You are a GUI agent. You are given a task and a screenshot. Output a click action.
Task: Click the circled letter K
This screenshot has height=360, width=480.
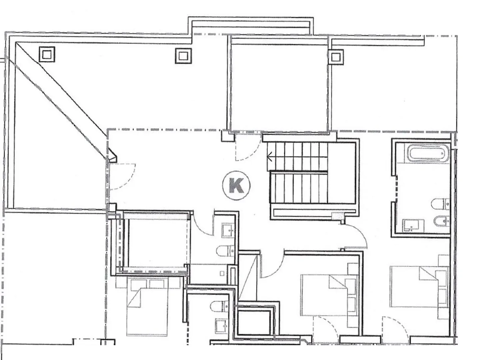click(236, 185)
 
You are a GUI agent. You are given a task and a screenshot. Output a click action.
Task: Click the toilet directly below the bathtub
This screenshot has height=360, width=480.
click(440, 204)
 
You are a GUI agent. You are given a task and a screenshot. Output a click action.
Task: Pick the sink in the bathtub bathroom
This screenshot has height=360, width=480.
click(414, 226)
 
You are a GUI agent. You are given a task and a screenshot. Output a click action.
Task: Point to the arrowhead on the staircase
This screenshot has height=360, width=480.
click(270, 157)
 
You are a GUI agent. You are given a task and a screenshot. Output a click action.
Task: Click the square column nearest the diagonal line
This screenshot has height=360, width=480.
click(47, 54)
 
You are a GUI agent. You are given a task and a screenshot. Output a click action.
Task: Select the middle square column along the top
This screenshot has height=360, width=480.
click(183, 56)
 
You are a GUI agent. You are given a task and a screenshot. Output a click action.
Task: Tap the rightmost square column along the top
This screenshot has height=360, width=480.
click(336, 57)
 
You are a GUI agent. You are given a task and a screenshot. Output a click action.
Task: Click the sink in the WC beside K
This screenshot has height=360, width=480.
click(228, 231)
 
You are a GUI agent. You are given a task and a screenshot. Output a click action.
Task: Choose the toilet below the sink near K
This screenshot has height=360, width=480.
click(225, 251)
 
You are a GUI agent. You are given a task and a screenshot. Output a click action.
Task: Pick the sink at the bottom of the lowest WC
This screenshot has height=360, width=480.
click(222, 326)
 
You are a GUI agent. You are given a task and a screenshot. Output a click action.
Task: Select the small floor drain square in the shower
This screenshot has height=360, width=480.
click(222, 273)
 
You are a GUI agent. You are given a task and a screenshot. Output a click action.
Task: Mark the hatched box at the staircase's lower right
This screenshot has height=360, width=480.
click(338, 216)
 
